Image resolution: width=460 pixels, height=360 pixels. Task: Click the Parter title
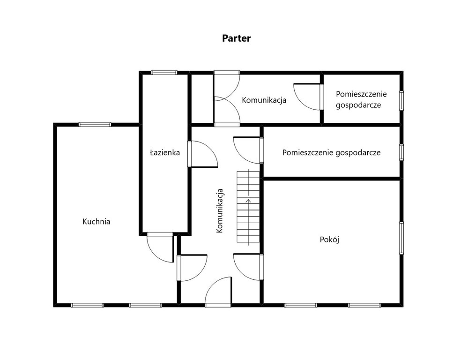236,38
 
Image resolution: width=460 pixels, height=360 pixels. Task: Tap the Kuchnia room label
96,221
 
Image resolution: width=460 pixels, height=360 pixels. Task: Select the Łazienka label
165,152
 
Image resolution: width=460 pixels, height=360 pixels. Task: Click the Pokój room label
329,240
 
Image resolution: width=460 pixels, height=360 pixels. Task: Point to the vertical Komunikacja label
219,211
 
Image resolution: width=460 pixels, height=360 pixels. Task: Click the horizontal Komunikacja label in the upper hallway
264,100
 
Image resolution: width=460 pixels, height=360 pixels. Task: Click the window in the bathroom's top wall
164,73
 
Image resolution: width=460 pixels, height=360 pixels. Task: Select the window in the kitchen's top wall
95,125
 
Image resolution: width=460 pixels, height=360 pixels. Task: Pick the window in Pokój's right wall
401,238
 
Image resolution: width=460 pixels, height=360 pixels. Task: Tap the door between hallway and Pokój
248,267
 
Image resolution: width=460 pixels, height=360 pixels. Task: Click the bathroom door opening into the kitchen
160,247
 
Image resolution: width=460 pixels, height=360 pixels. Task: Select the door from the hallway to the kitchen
192,268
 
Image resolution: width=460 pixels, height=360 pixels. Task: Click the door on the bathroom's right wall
203,154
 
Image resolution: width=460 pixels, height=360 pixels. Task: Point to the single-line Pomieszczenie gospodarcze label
332,153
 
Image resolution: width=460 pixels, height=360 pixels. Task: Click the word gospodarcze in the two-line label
358,105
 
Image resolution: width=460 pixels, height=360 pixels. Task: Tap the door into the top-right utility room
309,97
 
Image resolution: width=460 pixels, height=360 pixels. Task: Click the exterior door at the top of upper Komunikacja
227,86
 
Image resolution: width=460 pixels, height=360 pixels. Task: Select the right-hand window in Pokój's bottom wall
364,305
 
